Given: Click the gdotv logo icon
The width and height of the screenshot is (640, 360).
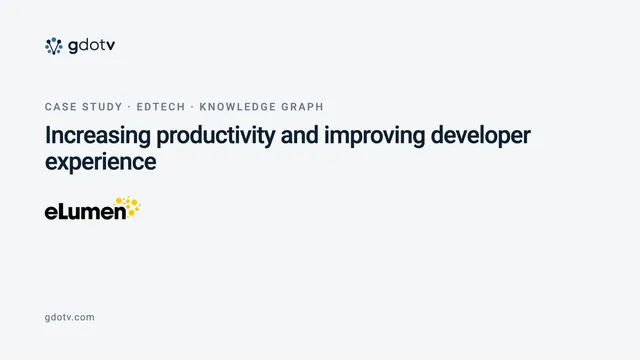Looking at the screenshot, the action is [53, 46].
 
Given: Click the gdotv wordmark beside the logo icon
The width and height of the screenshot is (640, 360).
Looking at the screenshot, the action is [92, 46].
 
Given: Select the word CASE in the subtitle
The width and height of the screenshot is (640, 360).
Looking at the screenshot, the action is [61, 107].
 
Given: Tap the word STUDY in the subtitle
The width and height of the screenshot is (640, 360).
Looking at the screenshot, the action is [102, 107].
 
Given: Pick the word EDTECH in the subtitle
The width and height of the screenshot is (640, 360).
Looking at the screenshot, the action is [161, 107].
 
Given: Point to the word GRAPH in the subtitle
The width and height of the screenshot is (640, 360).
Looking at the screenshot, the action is [302, 107].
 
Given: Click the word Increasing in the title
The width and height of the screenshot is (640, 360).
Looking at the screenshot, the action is [98, 136].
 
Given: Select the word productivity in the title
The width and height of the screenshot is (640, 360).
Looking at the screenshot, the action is [216, 136].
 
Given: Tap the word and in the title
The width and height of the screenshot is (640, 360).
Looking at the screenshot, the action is [300, 135].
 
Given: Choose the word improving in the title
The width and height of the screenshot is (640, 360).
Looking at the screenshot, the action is [375, 136].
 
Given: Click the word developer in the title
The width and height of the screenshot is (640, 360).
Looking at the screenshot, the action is [480, 136].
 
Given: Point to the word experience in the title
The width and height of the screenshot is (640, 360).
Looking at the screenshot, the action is [100, 162].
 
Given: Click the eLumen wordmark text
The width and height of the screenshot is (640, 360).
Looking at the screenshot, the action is [86, 211].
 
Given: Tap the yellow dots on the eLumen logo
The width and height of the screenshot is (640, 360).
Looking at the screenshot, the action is [129, 207].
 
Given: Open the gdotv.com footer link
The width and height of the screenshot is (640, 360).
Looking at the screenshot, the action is [69, 318].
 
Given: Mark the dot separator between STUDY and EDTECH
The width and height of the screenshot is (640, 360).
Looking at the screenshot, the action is [129, 107].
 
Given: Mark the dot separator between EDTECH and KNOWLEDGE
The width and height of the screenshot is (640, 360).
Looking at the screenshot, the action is [192, 107].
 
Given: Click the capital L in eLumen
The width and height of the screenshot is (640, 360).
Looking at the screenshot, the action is [63, 211].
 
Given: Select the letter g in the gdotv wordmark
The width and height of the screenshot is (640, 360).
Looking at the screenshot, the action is [73, 47].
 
